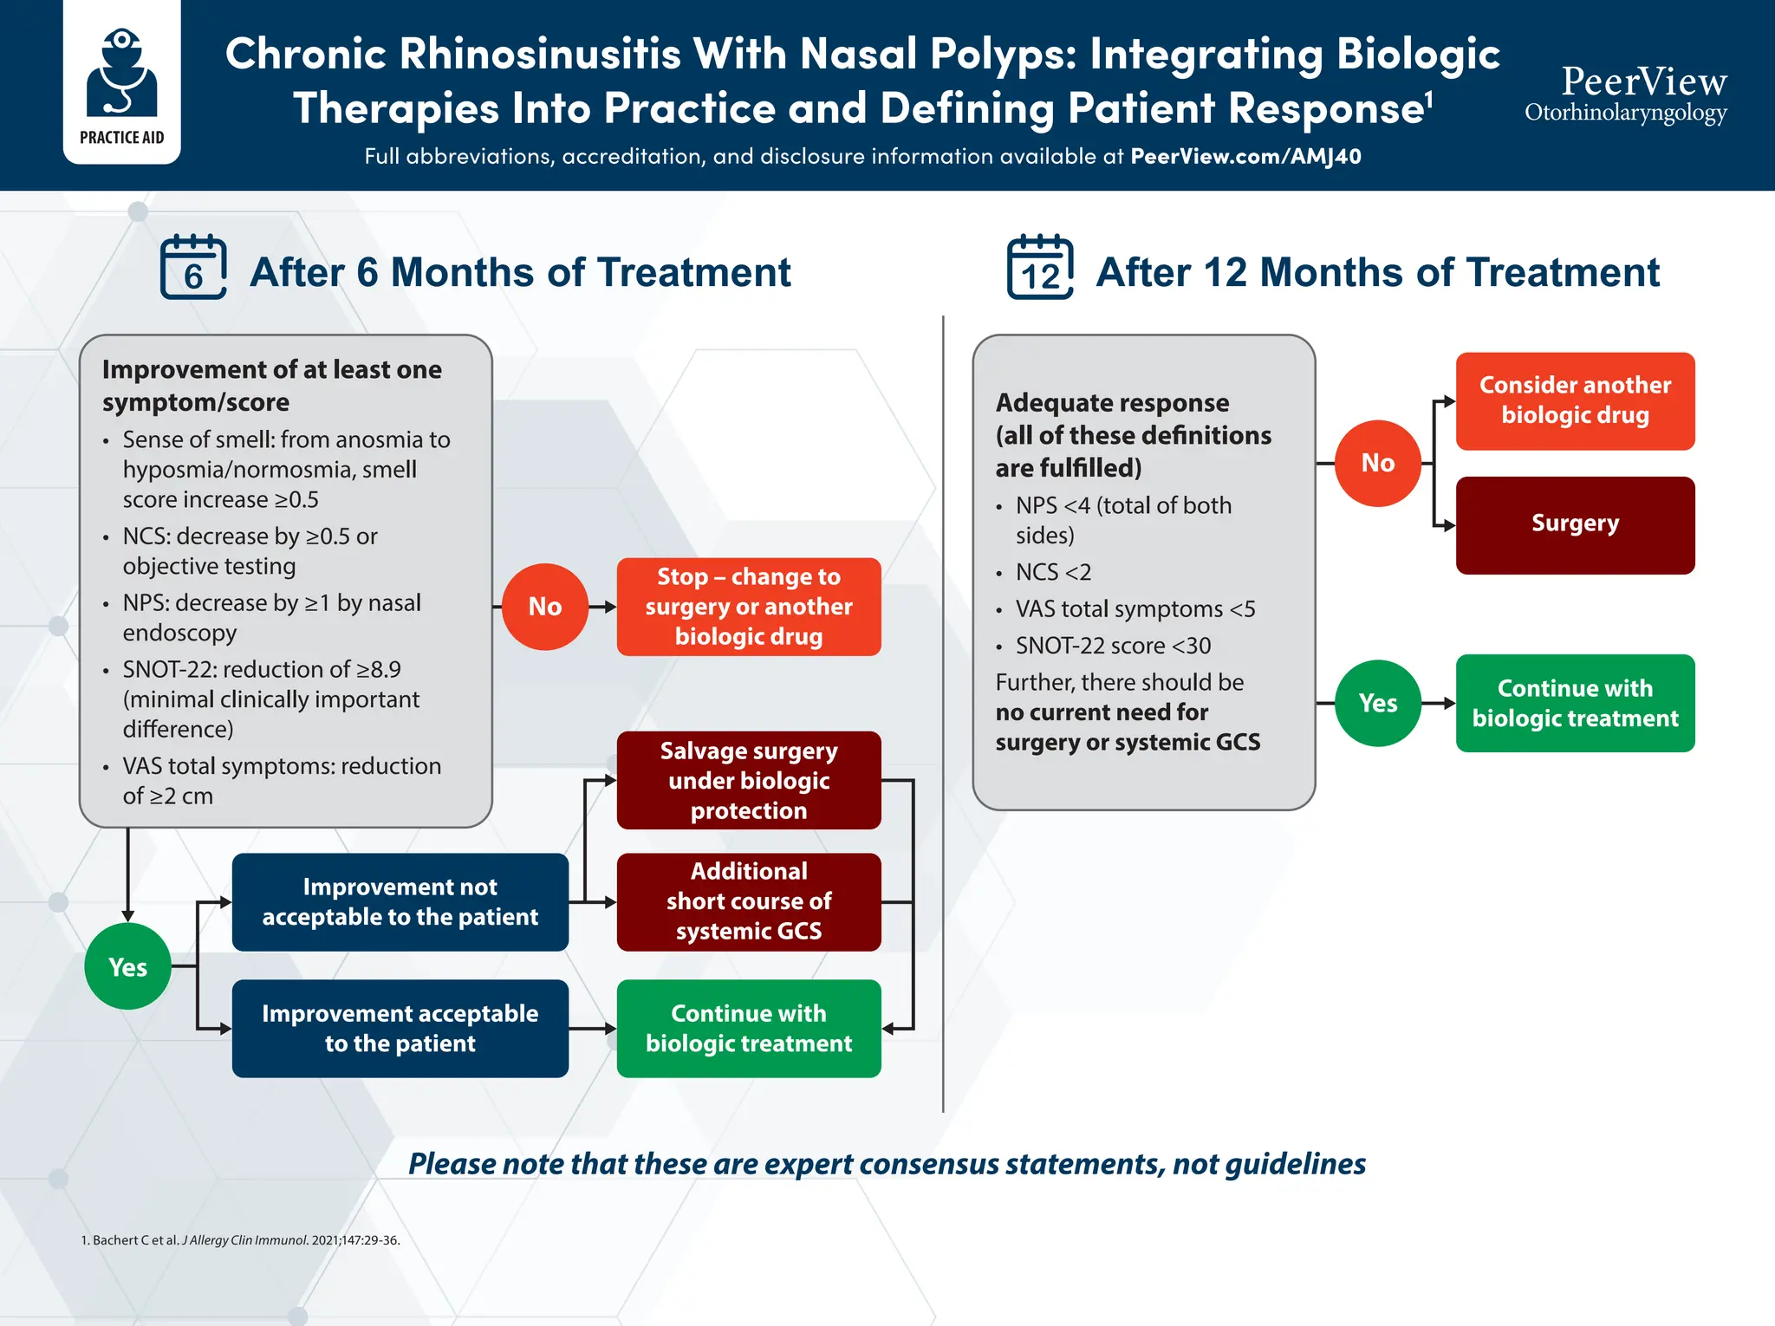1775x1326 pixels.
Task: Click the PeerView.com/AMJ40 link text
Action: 1245,157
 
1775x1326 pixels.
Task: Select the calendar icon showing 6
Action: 193,267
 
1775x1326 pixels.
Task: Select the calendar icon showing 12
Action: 1040,267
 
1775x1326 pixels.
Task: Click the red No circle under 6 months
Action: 545,607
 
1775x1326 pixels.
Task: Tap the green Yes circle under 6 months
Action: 128,966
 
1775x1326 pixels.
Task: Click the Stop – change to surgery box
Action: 749,607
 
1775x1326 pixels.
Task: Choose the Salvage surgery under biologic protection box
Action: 749,780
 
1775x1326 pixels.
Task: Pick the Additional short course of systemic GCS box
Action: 749,901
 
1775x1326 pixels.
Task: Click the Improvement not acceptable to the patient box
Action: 400,901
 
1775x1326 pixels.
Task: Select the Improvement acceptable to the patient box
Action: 400,1028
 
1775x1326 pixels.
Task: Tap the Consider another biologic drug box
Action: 1575,400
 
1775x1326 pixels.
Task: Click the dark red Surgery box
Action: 1575,524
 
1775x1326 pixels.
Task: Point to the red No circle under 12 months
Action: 1378,463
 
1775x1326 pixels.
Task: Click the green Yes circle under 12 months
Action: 1378,703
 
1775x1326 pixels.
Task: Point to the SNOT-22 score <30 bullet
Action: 1113,646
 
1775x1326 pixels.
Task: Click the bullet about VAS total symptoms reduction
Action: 282,780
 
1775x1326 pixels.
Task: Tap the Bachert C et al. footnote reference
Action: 240,1240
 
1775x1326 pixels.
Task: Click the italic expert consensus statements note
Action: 887,1163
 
